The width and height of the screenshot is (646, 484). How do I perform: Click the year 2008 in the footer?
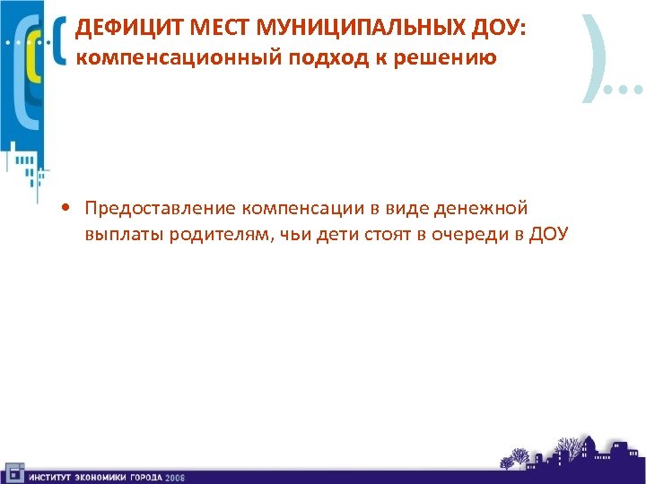click(x=175, y=477)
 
